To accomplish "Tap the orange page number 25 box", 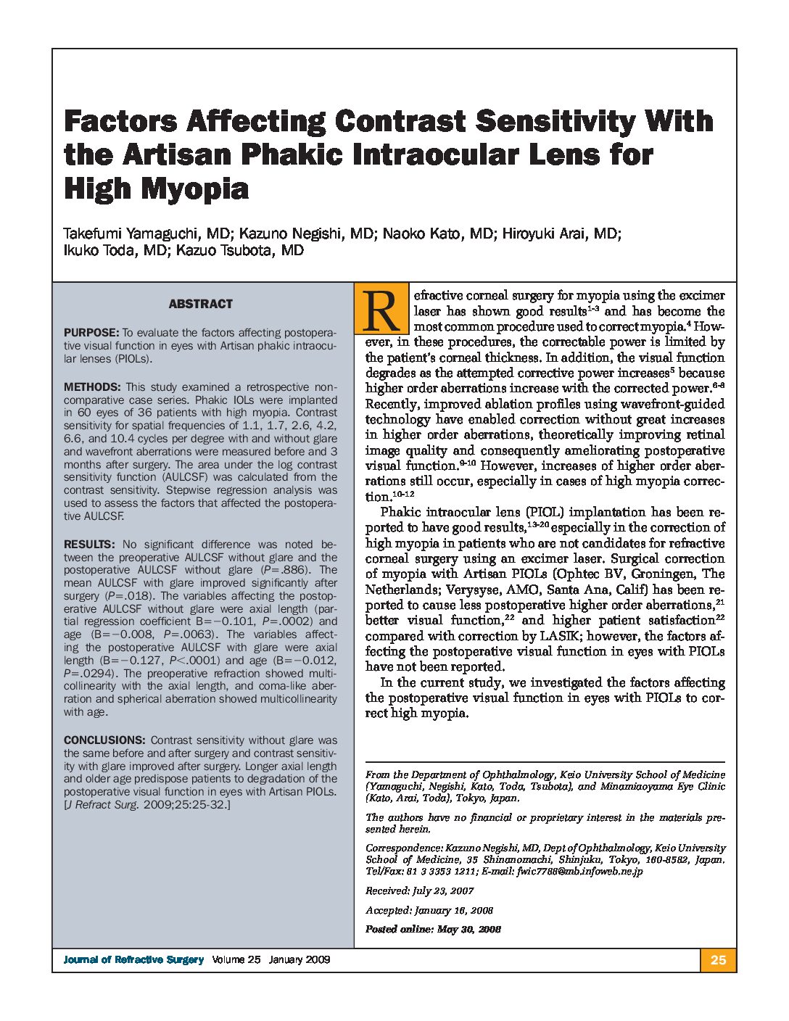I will tap(718, 960).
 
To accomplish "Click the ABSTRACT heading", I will tap(200, 304).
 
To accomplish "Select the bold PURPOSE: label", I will tap(91, 333).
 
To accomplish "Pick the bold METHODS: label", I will tap(92, 387).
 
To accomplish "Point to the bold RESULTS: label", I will tap(89, 545).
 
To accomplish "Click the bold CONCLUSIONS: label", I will tap(104, 740).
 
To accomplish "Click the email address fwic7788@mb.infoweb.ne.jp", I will tap(579, 871).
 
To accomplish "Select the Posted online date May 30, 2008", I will tap(469, 929).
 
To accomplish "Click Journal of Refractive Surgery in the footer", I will tap(133, 960).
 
